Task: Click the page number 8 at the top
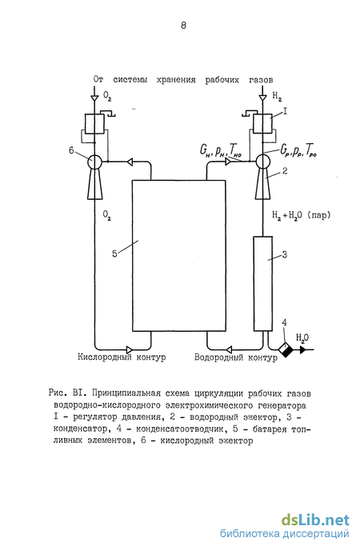click(183, 26)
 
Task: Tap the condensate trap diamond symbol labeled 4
click(286, 349)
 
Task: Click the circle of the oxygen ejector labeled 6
click(94, 161)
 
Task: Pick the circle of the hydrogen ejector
click(262, 161)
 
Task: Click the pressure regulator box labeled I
click(262, 124)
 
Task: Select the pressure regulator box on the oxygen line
click(94, 124)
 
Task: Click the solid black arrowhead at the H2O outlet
click(303, 349)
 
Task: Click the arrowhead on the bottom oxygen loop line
click(129, 349)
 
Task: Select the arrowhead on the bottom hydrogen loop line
click(229, 349)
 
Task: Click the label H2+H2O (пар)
click(302, 215)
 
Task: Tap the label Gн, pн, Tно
click(221, 151)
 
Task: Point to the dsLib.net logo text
click(315, 520)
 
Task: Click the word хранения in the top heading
click(176, 80)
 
